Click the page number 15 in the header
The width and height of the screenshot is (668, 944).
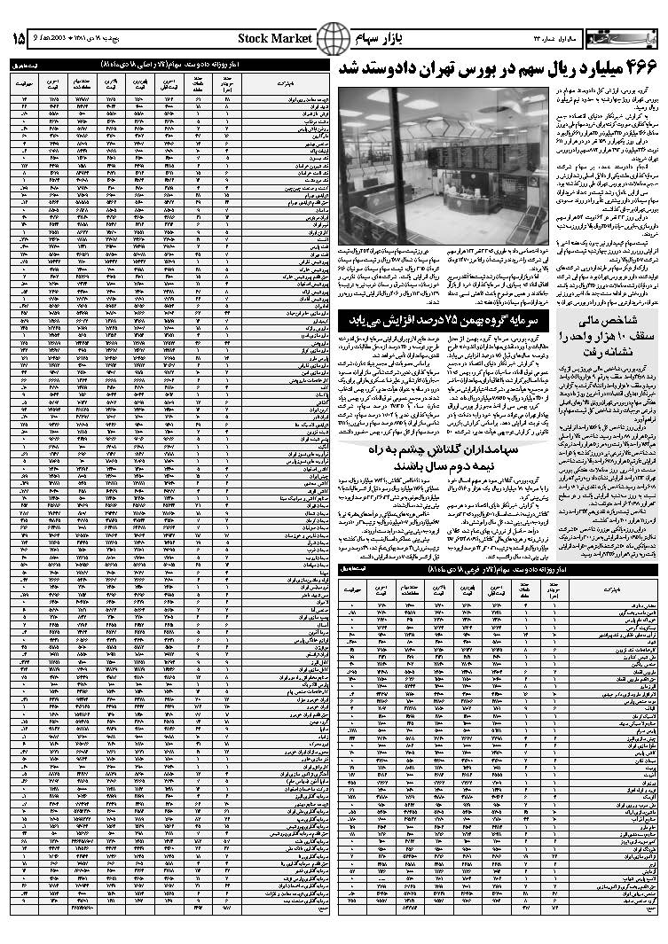click(x=19, y=39)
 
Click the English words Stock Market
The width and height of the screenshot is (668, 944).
click(x=275, y=39)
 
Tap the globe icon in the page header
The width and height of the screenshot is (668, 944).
click(x=334, y=39)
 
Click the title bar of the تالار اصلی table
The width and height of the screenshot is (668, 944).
click(x=164, y=65)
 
